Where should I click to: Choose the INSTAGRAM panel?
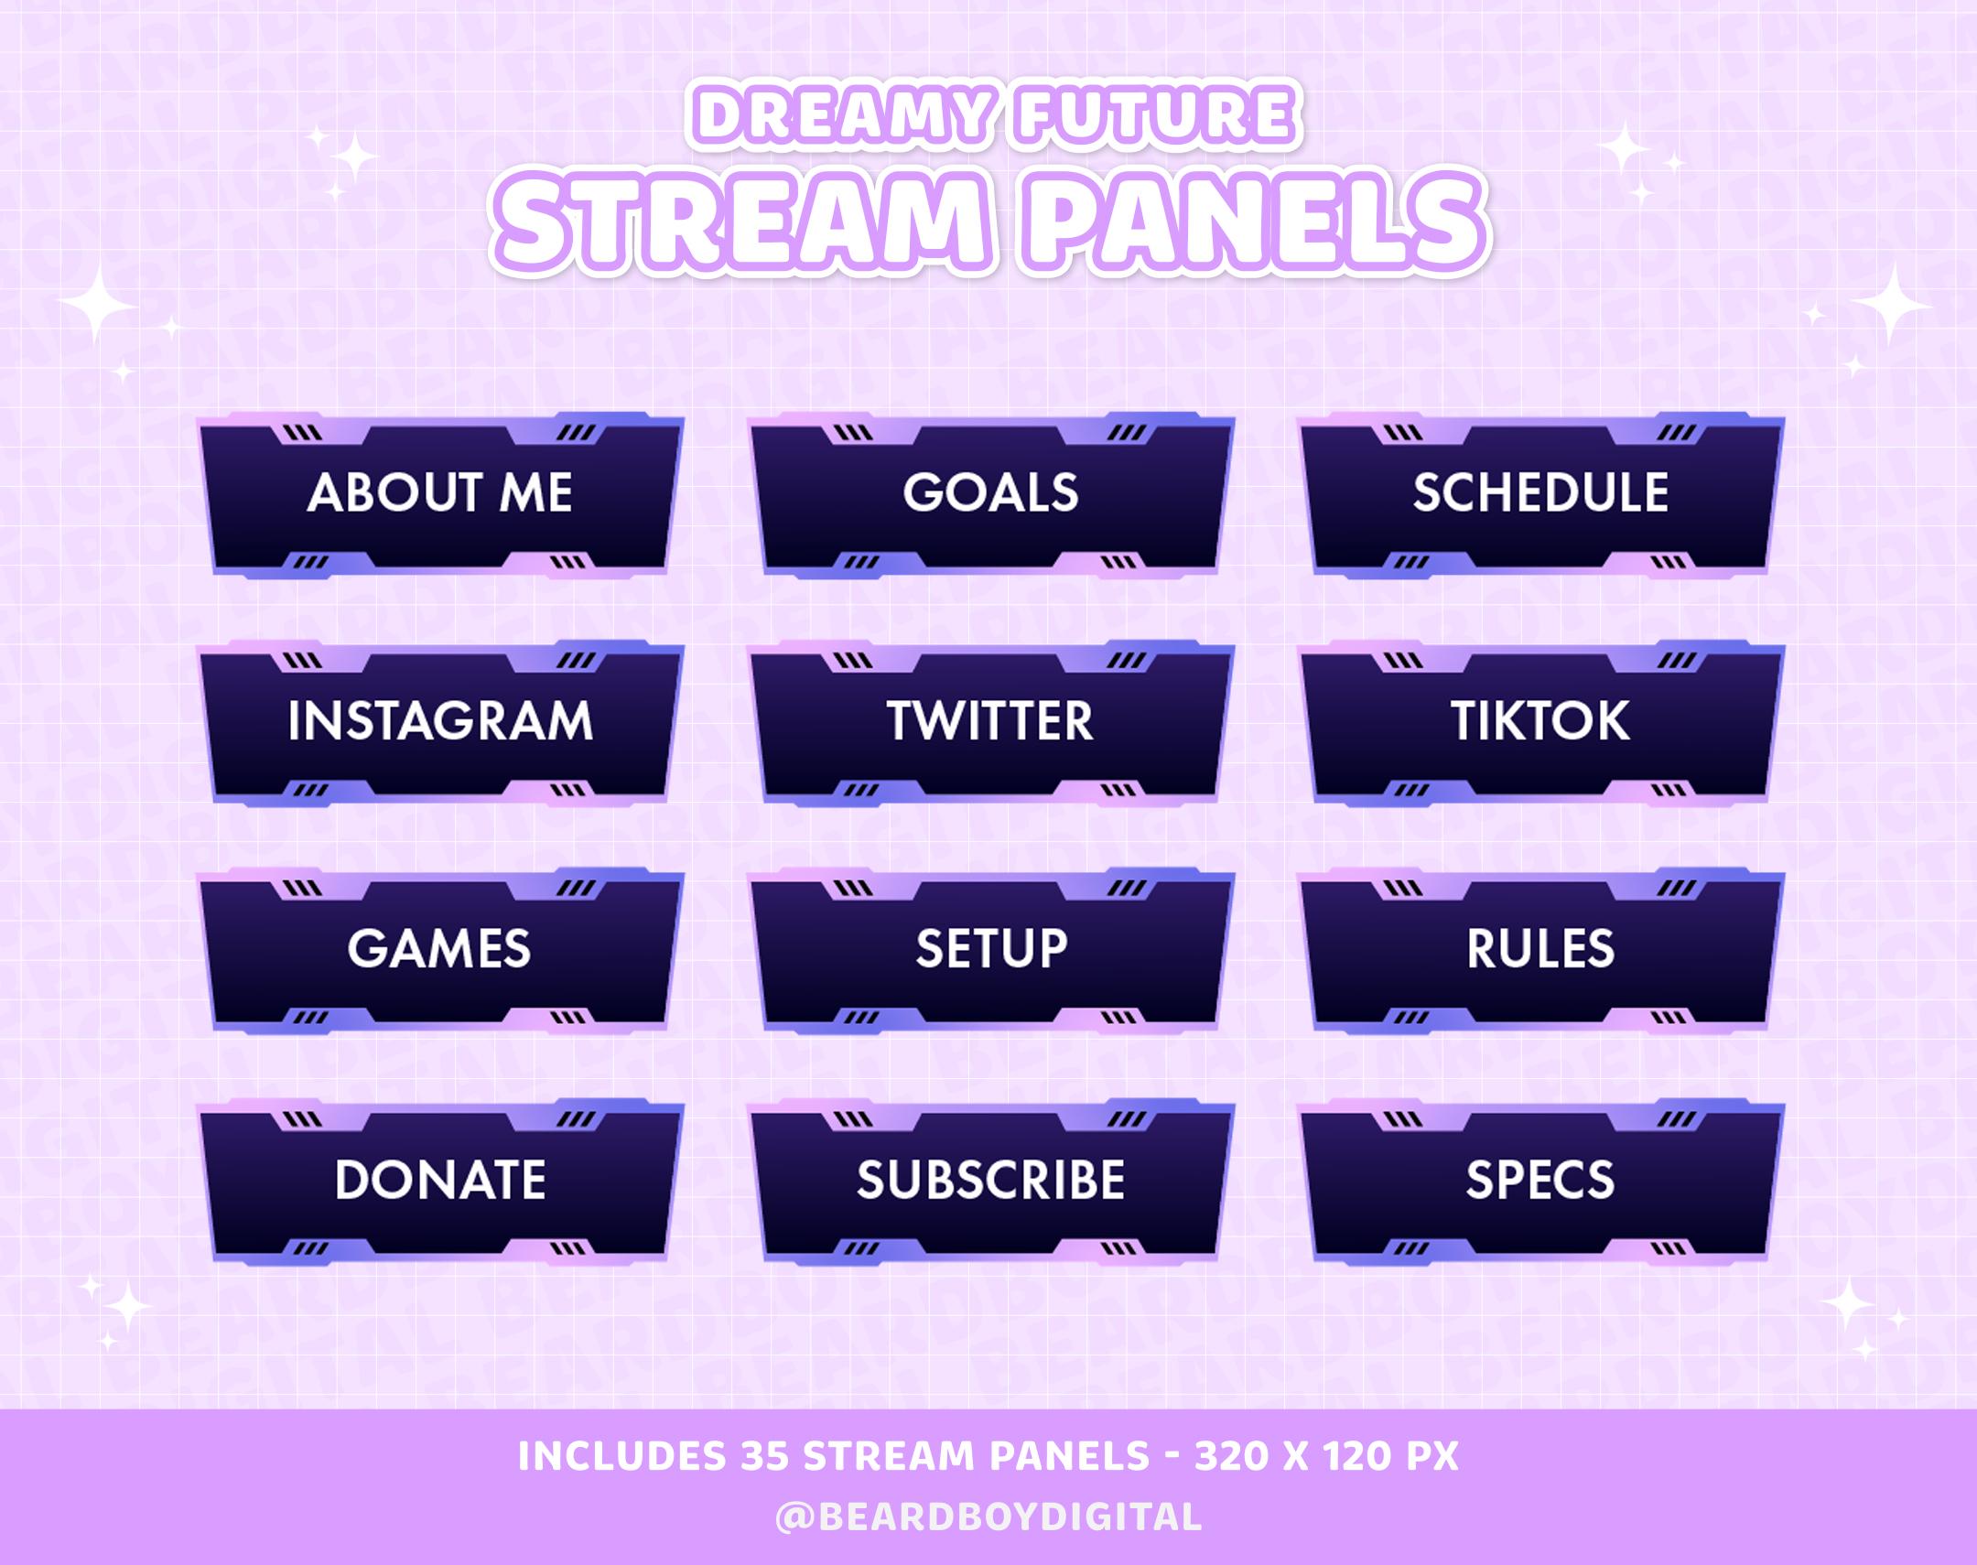tap(439, 721)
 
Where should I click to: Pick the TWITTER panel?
tap(990, 721)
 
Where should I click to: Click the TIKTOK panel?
tap(1540, 721)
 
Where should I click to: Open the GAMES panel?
tap(439, 949)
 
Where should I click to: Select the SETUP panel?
tap(990, 949)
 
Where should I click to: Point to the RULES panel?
tap(1540, 949)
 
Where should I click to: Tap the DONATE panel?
tap(439, 1181)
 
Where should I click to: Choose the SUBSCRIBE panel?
tap(990, 1181)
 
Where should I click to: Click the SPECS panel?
tap(1540, 1181)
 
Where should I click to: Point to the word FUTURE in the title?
tap(1156, 116)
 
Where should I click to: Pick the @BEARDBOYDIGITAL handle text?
tap(988, 1516)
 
